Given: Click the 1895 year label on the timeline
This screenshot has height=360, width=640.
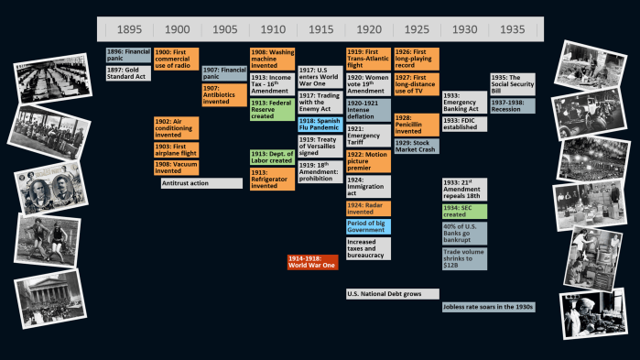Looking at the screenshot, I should point(128,29).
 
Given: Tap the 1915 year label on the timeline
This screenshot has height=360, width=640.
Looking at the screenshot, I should point(320,29).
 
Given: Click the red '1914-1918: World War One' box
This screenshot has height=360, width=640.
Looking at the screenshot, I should point(313,261).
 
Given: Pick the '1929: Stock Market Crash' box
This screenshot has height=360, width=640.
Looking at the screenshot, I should point(416,146).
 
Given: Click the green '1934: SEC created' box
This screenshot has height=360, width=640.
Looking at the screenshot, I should point(464,211).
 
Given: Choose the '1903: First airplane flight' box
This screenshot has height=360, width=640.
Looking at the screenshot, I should point(176,149).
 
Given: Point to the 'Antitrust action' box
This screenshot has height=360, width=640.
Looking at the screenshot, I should point(201,183).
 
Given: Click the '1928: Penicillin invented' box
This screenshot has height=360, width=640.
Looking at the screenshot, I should point(416,125).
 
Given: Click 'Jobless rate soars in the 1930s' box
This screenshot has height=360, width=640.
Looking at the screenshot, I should point(488,307).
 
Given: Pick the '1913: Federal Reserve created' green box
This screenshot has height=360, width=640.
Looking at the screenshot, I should point(272,109).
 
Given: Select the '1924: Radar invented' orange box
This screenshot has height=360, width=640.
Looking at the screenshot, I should point(368,207).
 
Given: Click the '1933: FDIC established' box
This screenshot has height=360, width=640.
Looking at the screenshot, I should point(464,123).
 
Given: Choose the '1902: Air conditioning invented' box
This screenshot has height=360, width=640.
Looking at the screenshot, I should point(176,127).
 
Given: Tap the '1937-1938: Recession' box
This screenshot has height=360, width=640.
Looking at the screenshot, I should point(512,105).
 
